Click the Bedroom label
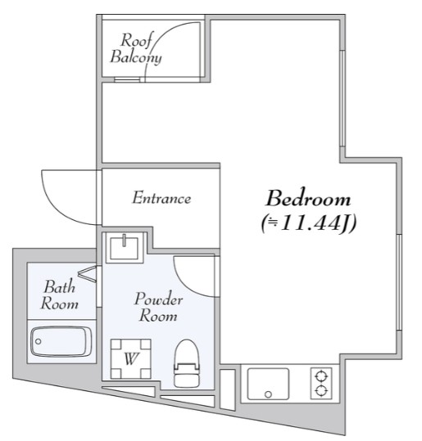coord(308,198)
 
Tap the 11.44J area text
coord(309,223)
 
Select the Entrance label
coord(161,197)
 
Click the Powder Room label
coord(158,307)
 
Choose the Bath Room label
coord(59,295)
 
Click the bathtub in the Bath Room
coord(61,341)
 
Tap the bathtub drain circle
coord(39,341)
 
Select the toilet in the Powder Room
coord(187,363)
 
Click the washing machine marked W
coord(131,359)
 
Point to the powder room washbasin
coord(124,247)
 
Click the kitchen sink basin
coord(268,384)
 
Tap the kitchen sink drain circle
coord(268,394)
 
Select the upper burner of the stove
coord(321,376)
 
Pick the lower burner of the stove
coord(321,390)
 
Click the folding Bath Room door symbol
coord(88,272)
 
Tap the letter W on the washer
coord(131,359)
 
